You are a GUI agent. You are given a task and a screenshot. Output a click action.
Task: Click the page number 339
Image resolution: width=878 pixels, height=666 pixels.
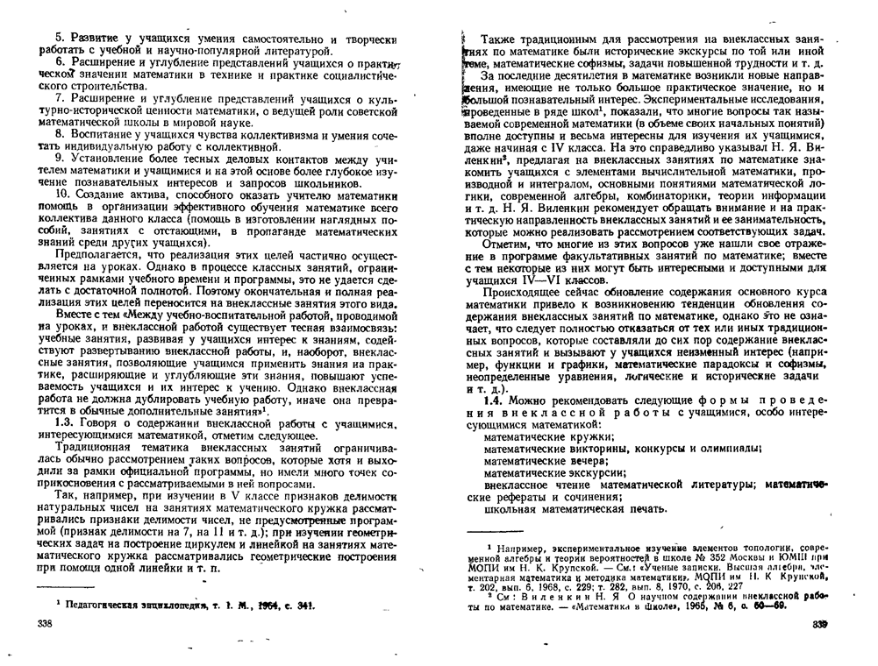[819, 623]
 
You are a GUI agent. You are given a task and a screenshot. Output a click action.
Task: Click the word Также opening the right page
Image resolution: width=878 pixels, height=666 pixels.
[500, 40]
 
